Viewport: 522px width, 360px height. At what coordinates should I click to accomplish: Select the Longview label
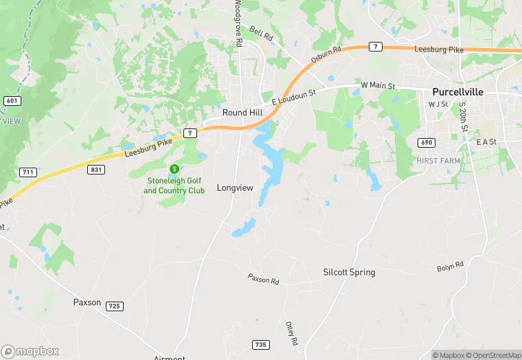coord(235,188)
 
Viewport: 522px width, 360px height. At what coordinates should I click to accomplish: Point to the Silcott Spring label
coord(349,272)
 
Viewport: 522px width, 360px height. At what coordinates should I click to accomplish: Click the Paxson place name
coord(87,302)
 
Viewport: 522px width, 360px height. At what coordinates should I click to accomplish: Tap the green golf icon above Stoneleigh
coord(174,168)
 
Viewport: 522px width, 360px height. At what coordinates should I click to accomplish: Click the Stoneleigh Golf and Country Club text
coord(174,185)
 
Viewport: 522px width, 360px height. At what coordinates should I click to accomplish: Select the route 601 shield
coord(11,101)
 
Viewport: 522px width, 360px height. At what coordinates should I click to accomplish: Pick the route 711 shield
coord(28,172)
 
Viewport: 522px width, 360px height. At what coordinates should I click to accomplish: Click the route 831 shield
coord(96,169)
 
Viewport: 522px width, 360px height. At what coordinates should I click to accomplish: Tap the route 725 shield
coord(115,306)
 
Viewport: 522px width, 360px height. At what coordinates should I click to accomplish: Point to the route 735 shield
coord(260,344)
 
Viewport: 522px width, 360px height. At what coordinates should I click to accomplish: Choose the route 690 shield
coord(425,142)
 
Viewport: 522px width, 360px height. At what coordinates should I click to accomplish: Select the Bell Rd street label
coord(261,32)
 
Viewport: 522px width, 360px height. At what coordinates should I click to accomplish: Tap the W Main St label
coord(378,86)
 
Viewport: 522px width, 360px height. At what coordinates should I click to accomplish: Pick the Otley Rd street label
coord(291,333)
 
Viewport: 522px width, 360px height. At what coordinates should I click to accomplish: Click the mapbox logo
coord(31,350)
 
